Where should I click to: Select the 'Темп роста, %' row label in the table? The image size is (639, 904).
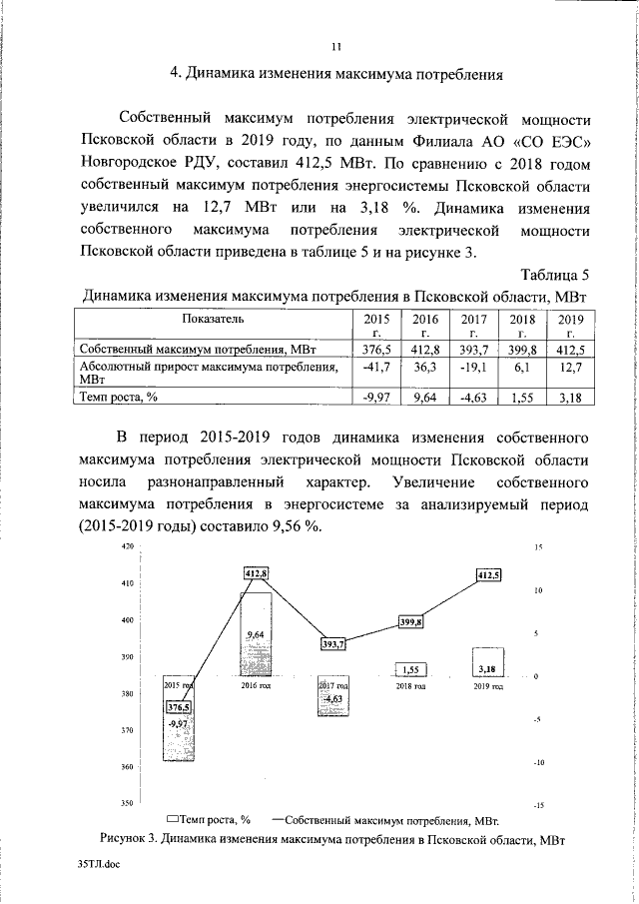point(119,398)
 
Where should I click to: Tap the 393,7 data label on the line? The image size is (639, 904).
point(332,644)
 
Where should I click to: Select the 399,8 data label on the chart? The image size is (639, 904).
point(411,622)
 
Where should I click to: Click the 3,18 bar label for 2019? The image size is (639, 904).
point(487,668)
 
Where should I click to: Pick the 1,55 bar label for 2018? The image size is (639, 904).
point(410,669)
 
